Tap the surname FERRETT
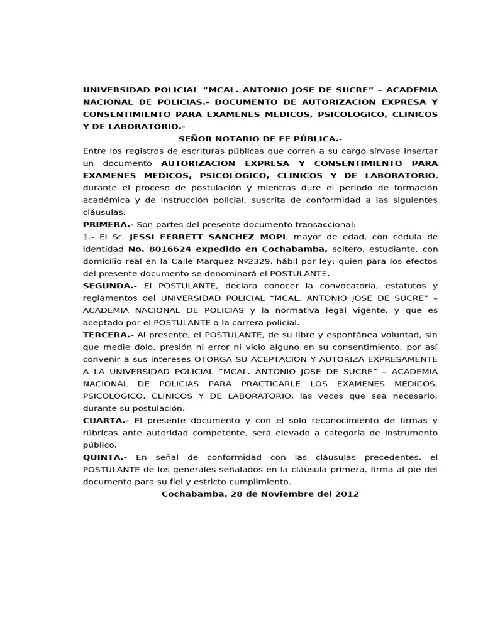point(186,236)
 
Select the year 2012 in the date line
point(347,494)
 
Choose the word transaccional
point(325,224)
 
